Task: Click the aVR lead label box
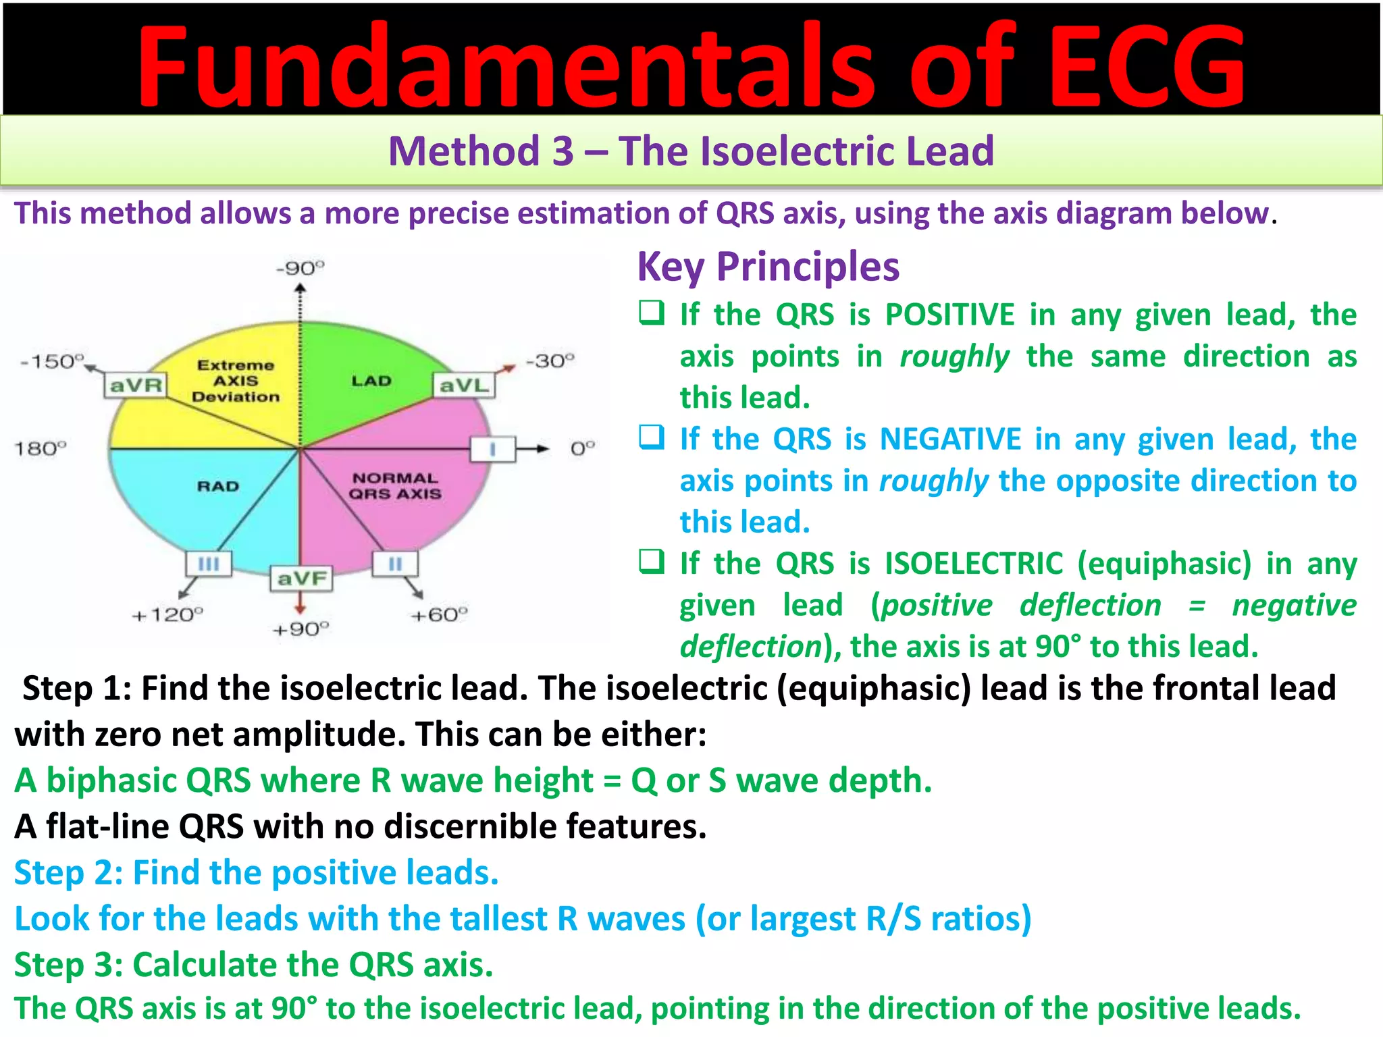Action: tap(136, 385)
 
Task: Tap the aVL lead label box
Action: tap(463, 385)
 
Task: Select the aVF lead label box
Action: tap(301, 579)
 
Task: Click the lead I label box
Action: tap(492, 449)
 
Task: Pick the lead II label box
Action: tap(395, 564)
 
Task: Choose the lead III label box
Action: tap(209, 564)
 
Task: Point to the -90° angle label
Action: tap(300, 269)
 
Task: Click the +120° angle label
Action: tap(167, 615)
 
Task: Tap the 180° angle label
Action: tap(41, 449)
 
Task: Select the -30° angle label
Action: tap(550, 361)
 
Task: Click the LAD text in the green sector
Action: tap(371, 381)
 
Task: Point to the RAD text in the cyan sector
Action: tap(218, 486)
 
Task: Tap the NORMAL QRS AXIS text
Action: tap(395, 486)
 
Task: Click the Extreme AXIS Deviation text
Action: tap(236, 381)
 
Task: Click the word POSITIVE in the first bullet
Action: tap(949, 315)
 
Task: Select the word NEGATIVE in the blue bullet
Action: tap(951, 440)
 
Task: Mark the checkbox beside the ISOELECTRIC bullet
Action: tap(652, 561)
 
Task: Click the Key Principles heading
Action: tap(768, 267)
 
